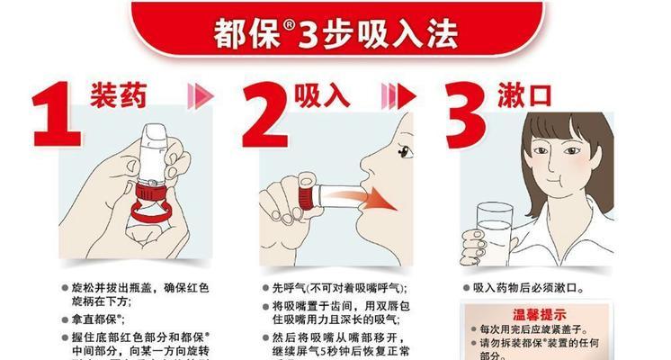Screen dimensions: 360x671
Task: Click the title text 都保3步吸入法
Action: [335, 31]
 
